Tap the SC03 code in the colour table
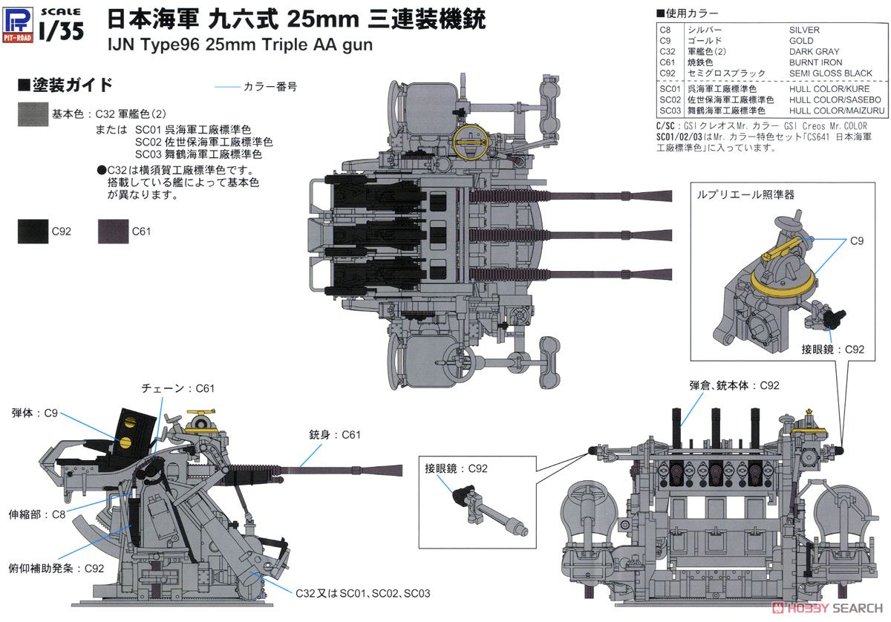[x=669, y=110]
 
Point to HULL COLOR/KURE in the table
[x=829, y=88]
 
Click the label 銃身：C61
[x=335, y=435]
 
